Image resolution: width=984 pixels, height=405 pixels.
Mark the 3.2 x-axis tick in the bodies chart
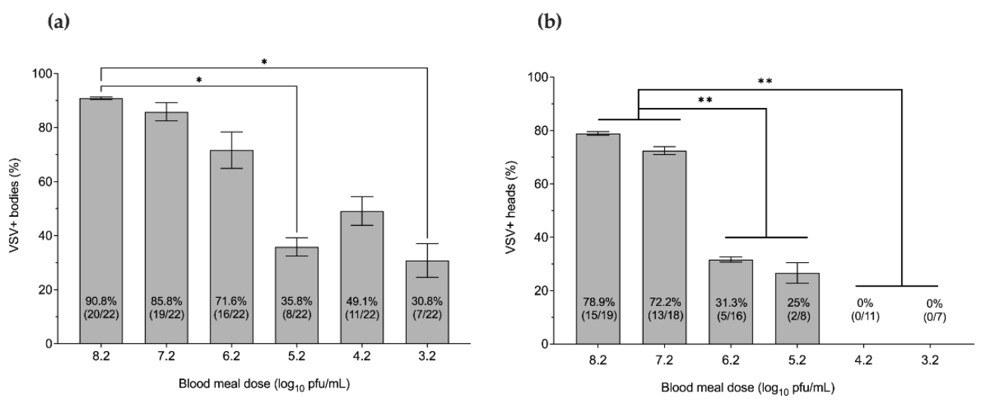tap(427, 360)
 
